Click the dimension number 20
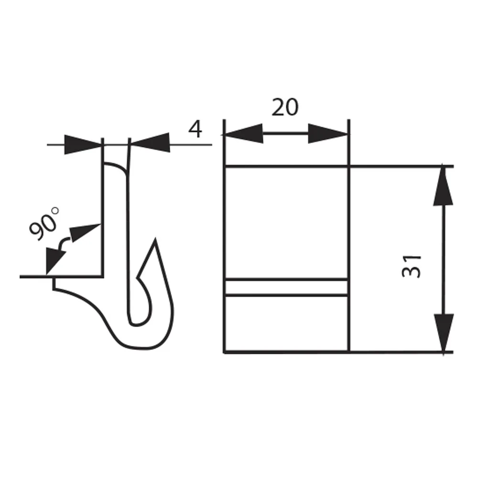[285, 107]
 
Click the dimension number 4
[195, 130]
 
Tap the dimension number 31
[412, 266]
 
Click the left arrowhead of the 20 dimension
[243, 133]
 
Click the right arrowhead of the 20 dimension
[328, 133]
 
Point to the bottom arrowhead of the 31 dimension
[444, 333]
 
